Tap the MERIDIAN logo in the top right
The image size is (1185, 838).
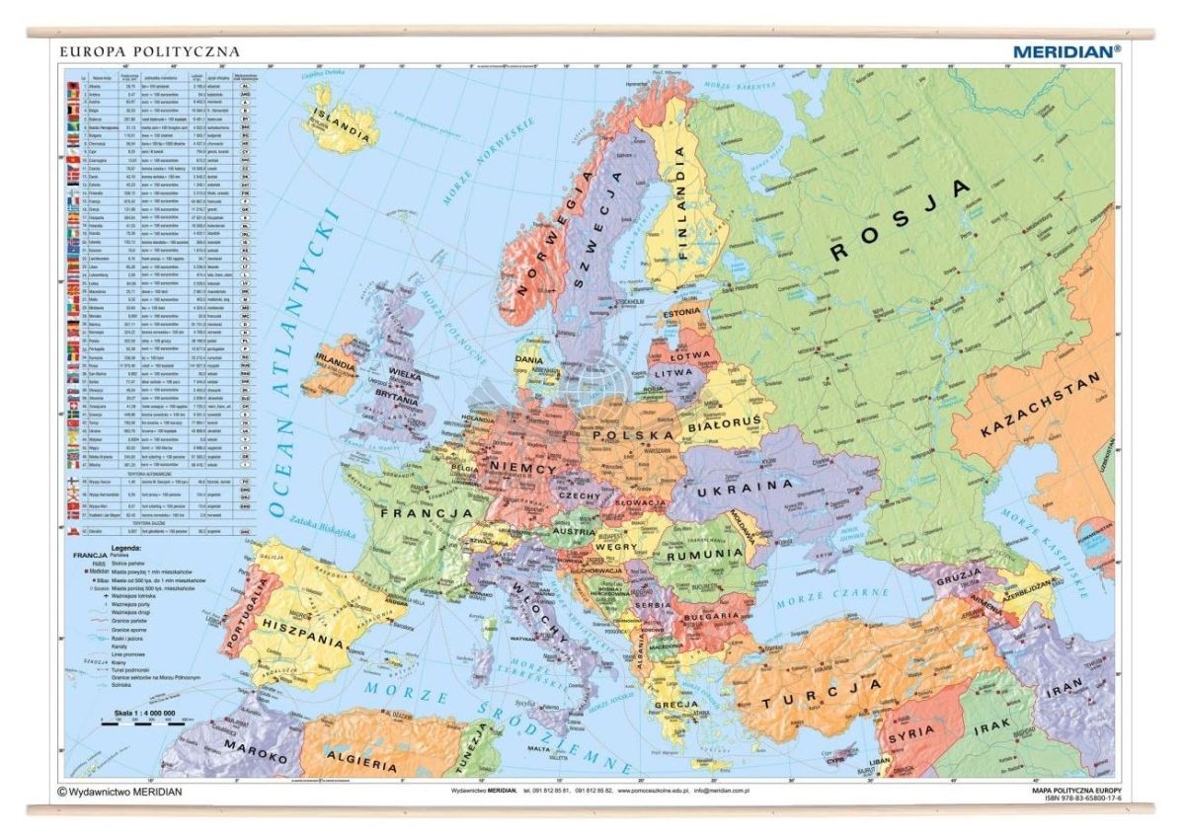click(1066, 49)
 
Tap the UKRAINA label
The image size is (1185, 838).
click(745, 486)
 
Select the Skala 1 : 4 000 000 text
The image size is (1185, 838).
click(137, 712)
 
